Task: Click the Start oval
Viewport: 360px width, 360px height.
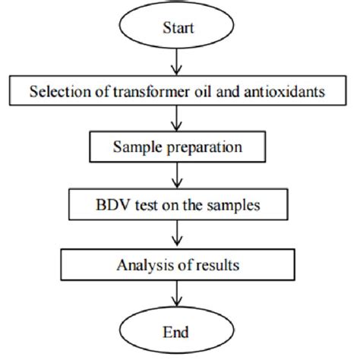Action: coord(179,28)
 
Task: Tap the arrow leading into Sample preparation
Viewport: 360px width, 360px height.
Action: coord(179,119)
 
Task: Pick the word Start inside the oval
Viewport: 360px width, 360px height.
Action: coord(179,28)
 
